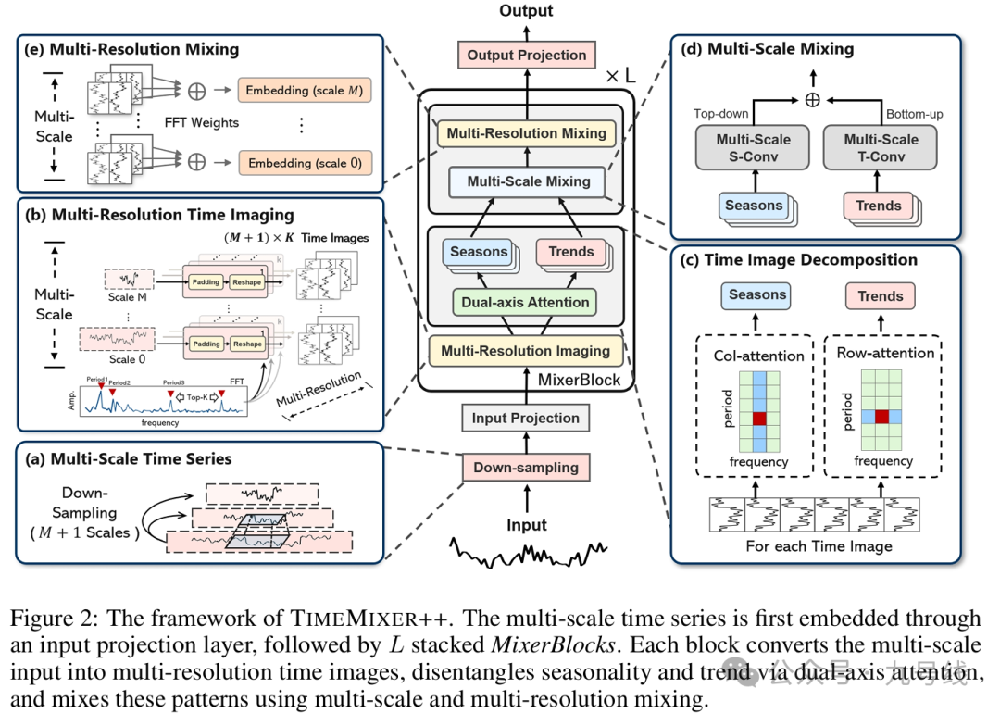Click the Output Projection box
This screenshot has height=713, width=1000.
click(527, 55)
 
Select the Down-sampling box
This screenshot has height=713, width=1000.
click(526, 468)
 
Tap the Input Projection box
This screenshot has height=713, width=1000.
click(526, 419)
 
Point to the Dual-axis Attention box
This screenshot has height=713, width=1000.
click(525, 302)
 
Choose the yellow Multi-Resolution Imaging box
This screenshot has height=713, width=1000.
click(525, 351)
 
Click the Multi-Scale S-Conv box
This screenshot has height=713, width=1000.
click(753, 148)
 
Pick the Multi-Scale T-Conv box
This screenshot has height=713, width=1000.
click(880, 148)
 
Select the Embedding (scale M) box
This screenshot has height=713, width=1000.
click(305, 91)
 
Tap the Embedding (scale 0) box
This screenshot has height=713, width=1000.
click(305, 163)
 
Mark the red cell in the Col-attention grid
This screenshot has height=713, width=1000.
click(760, 419)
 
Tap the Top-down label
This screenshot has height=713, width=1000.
click(721, 114)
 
